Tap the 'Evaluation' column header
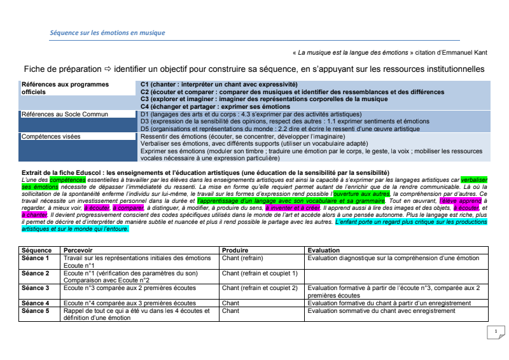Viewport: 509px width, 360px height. (324, 251)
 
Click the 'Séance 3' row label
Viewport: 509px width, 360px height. (36, 288)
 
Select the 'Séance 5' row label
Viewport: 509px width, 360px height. (36, 311)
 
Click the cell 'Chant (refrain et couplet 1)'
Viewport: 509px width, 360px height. (260, 273)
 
